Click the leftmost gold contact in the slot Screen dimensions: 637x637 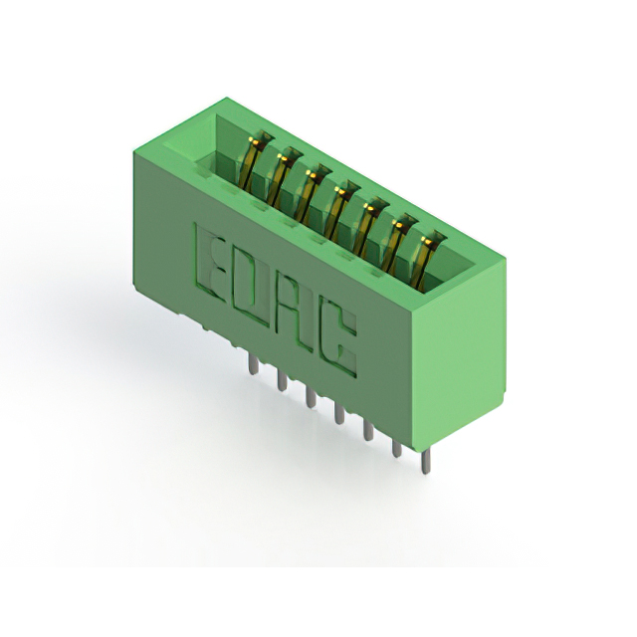[x=254, y=161]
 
